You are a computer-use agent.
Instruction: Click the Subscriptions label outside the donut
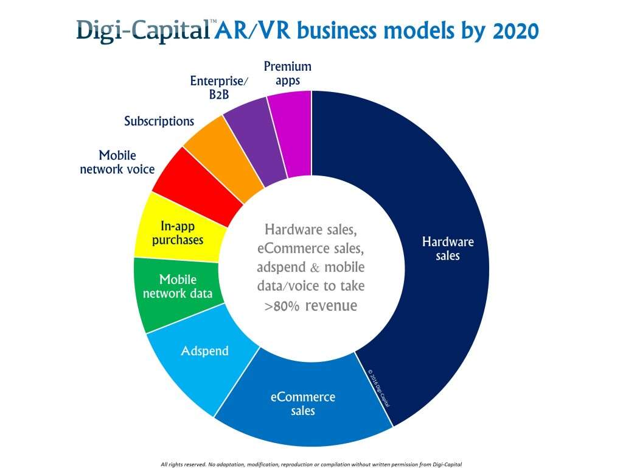click(159, 121)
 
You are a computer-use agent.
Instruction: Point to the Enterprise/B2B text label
click(211, 88)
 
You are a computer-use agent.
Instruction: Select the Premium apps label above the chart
click(287, 73)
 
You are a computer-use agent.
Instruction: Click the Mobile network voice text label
click(117, 162)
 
